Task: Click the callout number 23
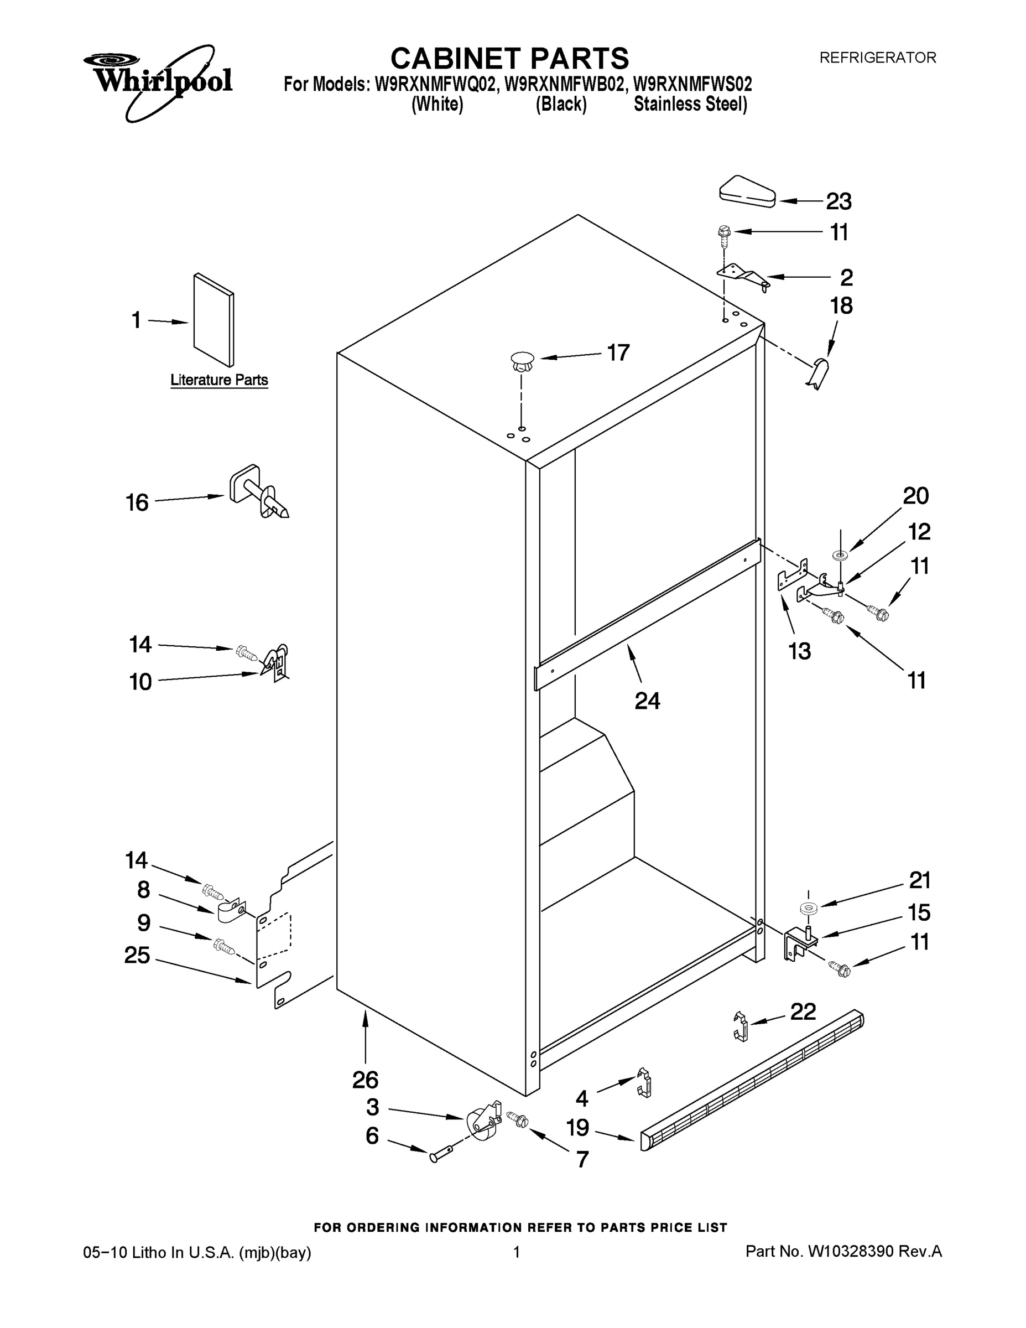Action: pyautogui.click(x=838, y=201)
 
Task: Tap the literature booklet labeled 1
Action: pyautogui.click(x=213, y=320)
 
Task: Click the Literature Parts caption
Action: pyautogui.click(x=219, y=380)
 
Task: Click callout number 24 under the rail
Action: pyautogui.click(x=647, y=701)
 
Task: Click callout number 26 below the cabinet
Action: pyautogui.click(x=365, y=1080)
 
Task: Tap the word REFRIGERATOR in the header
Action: pyautogui.click(x=877, y=58)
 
